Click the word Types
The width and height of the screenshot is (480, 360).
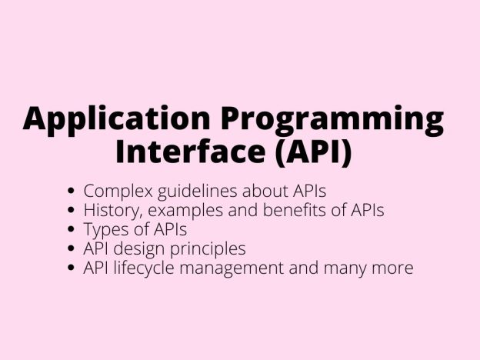(x=102, y=229)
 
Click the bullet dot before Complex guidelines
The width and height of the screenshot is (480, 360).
(x=72, y=191)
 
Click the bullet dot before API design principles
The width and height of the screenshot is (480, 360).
(x=72, y=249)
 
